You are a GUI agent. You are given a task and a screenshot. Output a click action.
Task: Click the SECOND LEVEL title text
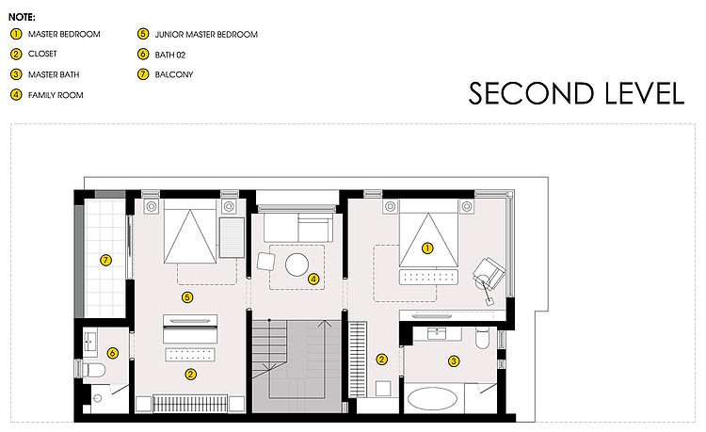click(x=576, y=93)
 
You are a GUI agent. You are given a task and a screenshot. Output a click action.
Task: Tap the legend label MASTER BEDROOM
click(x=64, y=34)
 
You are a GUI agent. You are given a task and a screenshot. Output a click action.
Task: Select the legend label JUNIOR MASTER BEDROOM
click(x=206, y=35)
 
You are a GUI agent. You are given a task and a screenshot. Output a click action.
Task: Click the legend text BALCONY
click(x=174, y=74)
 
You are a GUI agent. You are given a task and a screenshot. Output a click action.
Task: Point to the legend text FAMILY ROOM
click(x=56, y=95)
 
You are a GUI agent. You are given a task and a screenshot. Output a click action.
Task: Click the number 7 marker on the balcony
click(x=105, y=260)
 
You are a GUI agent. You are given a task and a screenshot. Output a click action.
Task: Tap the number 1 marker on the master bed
click(x=427, y=248)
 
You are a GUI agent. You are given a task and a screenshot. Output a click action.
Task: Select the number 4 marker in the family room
click(x=313, y=279)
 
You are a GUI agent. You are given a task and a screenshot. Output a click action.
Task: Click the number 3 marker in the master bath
click(x=454, y=360)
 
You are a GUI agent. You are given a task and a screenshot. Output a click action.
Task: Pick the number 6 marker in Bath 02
click(x=113, y=353)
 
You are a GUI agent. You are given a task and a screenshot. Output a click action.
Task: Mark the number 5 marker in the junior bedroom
click(x=187, y=297)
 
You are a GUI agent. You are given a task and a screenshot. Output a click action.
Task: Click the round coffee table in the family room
click(x=297, y=264)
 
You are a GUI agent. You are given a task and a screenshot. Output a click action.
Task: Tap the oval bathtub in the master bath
click(x=432, y=399)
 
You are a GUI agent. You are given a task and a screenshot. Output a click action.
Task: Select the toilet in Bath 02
click(x=91, y=370)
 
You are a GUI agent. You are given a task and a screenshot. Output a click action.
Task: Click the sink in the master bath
click(x=436, y=334)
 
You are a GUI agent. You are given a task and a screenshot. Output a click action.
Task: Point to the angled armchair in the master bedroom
click(x=489, y=273)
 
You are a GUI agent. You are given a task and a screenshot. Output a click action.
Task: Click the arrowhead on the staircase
click(x=324, y=324)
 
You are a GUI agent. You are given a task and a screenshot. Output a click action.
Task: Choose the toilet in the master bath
click(x=482, y=338)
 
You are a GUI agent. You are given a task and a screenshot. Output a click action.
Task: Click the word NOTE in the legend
click(x=22, y=18)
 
